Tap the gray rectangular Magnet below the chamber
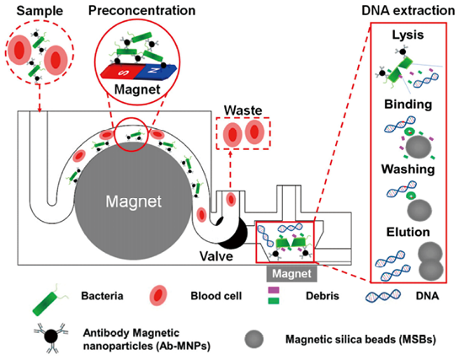tap(291, 274)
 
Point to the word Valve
tap(216, 256)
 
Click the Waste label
tap(243, 110)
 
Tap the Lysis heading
tap(408, 35)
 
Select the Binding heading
tap(408, 105)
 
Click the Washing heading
tap(408, 169)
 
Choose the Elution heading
tap(408, 232)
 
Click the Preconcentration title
tap(142, 11)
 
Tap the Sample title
tap(40, 11)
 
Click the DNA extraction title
tap(408, 11)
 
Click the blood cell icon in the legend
tap(158, 296)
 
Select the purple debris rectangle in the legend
tap(274, 290)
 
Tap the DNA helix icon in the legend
tap(383, 296)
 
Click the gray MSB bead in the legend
tap(254, 339)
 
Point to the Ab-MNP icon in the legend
tap(51, 337)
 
